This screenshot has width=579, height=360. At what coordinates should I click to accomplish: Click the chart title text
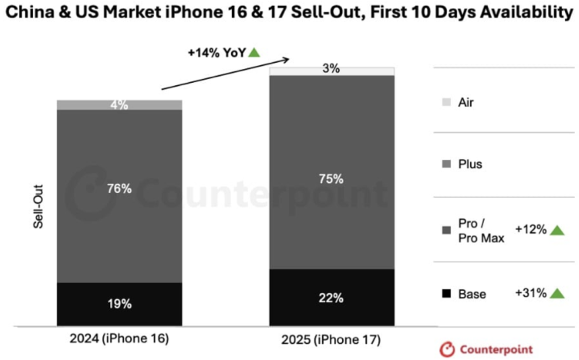[x=289, y=12]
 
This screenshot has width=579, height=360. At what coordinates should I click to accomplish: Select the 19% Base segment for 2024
[x=119, y=304]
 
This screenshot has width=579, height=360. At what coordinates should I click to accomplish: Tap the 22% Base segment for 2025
[x=331, y=298]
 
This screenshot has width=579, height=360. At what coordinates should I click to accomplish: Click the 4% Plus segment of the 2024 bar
[x=119, y=105]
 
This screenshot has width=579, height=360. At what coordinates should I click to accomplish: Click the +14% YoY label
[x=217, y=53]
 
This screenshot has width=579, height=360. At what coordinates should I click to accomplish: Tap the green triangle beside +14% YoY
[x=254, y=53]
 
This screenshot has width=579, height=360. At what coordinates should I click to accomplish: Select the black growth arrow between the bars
[x=225, y=74]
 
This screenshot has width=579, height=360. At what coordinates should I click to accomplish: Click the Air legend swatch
[x=446, y=102]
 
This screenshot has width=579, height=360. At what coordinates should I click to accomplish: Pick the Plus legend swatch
[x=446, y=164]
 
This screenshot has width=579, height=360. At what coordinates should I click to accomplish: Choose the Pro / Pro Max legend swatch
[x=446, y=231]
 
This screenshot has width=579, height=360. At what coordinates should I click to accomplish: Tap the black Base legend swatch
[x=446, y=294]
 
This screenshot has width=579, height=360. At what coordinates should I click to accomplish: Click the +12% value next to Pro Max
[x=531, y=230]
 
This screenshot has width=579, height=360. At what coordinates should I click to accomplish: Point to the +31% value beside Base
[x=531, y=293]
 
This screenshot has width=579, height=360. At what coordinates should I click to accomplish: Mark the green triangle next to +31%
[x=558, y=293]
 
